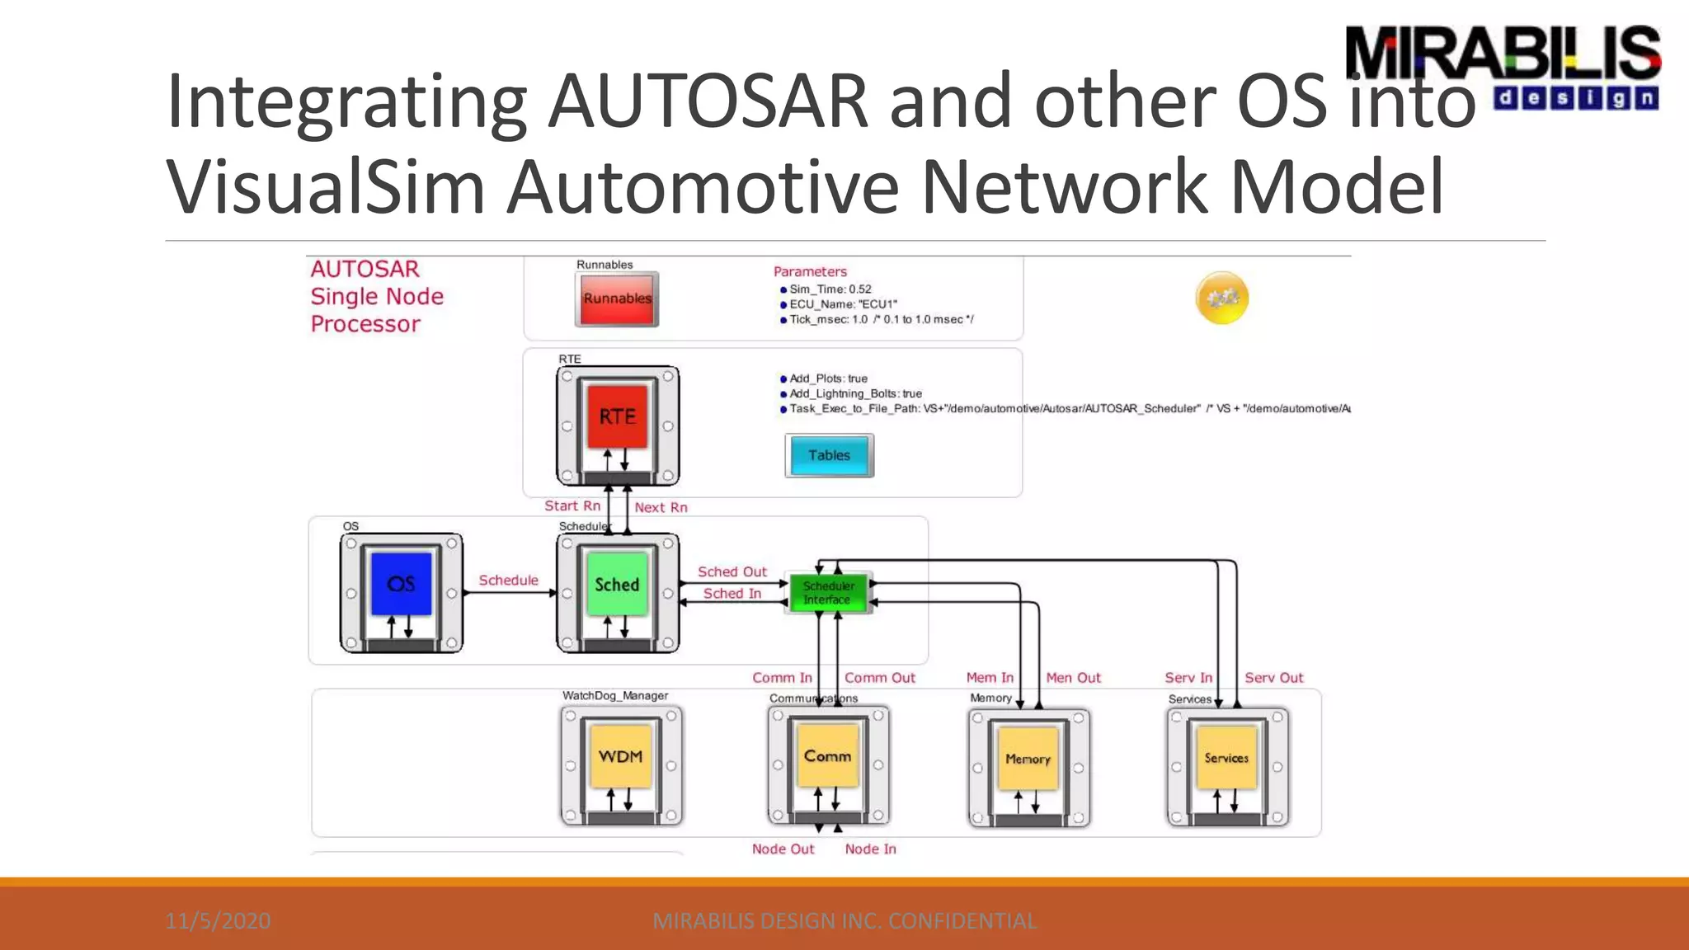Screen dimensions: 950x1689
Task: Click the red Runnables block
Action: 617,299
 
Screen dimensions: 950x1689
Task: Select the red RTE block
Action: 617,417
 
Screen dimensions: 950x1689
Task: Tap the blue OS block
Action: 401,584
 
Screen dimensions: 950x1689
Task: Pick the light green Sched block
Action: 617,585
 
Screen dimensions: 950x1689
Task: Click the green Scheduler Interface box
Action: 828,593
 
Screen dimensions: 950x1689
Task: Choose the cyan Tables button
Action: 829,456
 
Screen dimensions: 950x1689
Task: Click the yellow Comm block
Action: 827,756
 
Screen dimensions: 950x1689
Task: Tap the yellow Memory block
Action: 1028,759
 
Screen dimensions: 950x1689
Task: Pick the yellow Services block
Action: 1226,758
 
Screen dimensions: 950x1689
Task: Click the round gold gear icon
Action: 1222,298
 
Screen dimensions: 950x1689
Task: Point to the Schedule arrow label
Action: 508,581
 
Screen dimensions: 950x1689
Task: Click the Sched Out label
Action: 732,571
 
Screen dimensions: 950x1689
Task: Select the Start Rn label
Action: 572,506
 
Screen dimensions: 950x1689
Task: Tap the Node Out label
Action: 783,849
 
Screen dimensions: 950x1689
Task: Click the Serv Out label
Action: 1273,678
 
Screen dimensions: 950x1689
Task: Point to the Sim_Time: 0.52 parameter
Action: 830,289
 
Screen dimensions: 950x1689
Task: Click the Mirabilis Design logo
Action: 1502,66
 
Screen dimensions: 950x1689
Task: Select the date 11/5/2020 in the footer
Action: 218,921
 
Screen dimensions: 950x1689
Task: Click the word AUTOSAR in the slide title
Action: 708,102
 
